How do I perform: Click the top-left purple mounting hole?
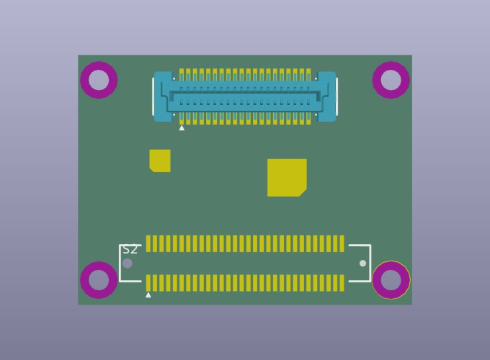pyautogui.click(x=99, y=80)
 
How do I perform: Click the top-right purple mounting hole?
pyautogui.click(x=391, y=80)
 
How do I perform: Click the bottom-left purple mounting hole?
pyautogui.click(x=99, y=279)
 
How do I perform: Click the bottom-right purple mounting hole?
pyautogui.click(x=391, y=279)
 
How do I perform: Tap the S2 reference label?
pyautogui.click(x=130, y=250)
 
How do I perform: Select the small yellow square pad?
pyautogui.click(x=160, y=161)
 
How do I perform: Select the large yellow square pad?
pyautogui.click(x=287, y=177)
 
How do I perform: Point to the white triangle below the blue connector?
pyautogui.click(x=182, y=128)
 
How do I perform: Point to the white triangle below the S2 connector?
pyautogui.click(x=148, y=295)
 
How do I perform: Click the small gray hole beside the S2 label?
pyautogui.click(x=128, y=264)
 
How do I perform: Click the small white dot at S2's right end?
pyautogui.click(x=362, y=264)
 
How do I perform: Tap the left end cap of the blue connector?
pyautogui.click(x=163, y=96)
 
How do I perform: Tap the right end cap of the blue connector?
pyautogui.click(x=326, y=96)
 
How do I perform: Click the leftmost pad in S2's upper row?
pyautogui.click(x=148, y=243)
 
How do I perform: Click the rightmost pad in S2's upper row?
pyautogui.click(x=342, y=243)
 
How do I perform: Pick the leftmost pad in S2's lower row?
pyautogui.click(x=148, y=282)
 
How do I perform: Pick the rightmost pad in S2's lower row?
pyautogui.click(x=342, y=282)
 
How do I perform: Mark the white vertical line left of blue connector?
pyautogui.click(x=153, y=96)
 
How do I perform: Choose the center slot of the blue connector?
pyautogui.click(x=245, y=96)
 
